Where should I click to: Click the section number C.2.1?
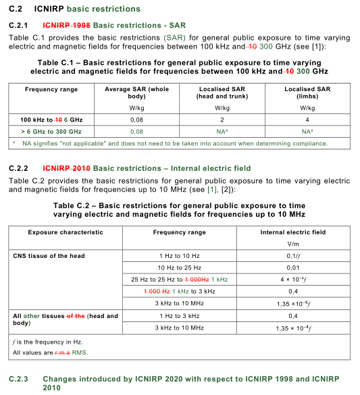pos(20,25)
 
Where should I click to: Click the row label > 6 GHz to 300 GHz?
pos(51,131)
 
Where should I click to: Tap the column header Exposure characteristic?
pos(65,232)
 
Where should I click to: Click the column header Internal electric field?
pos(292,232)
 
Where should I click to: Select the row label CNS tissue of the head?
pos(49,256)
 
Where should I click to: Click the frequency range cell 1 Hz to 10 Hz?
pos(179,256)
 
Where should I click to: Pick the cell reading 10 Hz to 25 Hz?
pos(179,268)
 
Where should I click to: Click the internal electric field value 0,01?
pos(292,268)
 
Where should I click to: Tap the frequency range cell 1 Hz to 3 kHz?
pos(179,316)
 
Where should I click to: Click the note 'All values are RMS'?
pos(49,352)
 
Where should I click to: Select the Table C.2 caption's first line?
pos(179,205)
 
